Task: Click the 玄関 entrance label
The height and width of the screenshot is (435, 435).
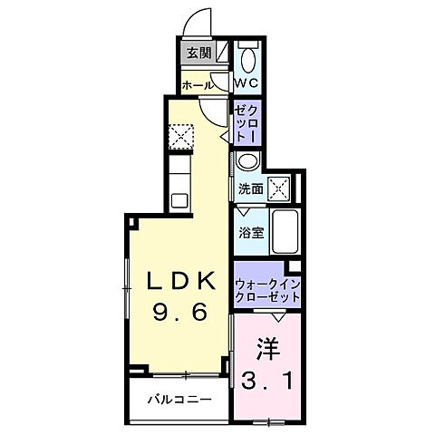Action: pyautogui.click(x=198, y=53)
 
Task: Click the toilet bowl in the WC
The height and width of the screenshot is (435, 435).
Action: pyautogui.click(x=247, y=56)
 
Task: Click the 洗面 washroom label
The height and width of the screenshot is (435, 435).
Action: pyautogui.click(x=251, y=189)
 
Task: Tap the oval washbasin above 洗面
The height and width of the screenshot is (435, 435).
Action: pyautogui.click(x=247, y=162)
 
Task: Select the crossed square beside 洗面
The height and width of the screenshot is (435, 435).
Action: pyautogui.click(x=279, y=188)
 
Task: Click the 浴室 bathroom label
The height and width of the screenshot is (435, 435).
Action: pyautogui.click(x=251, y=232)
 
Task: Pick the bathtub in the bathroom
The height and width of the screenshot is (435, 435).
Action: pyautogui.click(x=286, y=230)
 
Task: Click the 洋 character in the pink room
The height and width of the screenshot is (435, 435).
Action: pyautogui.click(x=265, y=348)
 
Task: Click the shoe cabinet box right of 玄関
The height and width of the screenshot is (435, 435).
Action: pyautogui.click(x=222, y=53)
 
